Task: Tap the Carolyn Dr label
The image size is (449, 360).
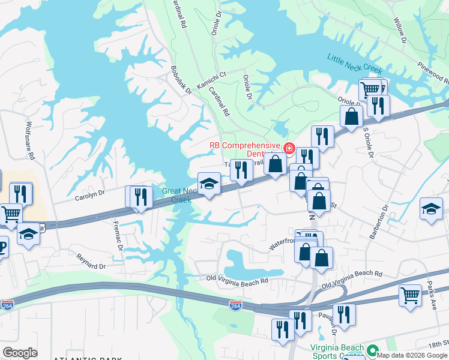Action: (x=89, y=194)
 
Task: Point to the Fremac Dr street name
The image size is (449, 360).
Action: (x=119, y=236)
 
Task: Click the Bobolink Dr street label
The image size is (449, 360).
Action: (x=181, y=80)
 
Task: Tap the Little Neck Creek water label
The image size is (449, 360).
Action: (x=355, y=64)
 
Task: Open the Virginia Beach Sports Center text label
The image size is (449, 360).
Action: (x=337, y=352)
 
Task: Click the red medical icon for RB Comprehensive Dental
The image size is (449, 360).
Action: (x=289, y=147)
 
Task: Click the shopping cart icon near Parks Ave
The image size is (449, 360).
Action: (x=410, y=295)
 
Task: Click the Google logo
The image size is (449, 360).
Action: (x=20, y=352)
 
